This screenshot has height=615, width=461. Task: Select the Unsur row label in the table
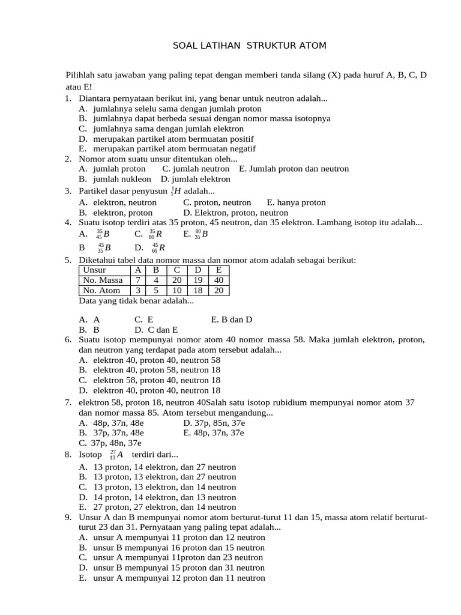coord(94,270)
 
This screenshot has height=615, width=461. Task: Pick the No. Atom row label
coord(101,290)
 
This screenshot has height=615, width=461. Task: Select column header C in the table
coord(176,270)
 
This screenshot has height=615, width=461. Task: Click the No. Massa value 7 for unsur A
coord(138,280)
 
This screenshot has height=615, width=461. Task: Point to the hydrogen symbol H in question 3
coord(178,192)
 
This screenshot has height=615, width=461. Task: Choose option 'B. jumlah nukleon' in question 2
coord(115,179)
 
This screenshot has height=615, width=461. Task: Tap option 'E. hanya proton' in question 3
coord(297,202)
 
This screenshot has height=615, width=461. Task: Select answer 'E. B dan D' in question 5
coord(232,320)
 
